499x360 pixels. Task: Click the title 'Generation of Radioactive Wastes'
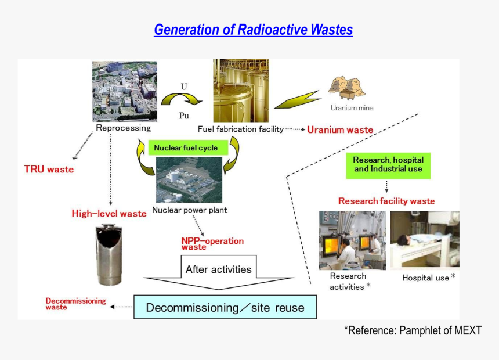[x=253, y=30]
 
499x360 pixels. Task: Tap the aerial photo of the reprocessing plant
[x=124, y=91]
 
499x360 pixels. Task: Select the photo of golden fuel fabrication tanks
[x=241, y=90]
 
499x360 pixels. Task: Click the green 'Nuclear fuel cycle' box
[x=186, y=148]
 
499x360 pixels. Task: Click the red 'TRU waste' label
[x=49, y=170]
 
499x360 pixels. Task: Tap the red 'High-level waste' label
[x=109, y=214]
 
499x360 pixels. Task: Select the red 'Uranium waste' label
[x=340, y=129]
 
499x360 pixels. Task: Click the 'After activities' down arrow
[x=218, y=273]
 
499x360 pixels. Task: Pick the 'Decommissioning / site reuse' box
[x=225, y=307]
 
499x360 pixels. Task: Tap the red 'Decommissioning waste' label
[x=76, y=304]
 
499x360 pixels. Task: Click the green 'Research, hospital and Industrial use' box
[x=388, y=164]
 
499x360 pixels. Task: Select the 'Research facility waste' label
[x=386, y=201]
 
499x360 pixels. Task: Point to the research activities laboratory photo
[x=352, y=240]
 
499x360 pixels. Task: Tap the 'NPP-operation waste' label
[x=212, y=244]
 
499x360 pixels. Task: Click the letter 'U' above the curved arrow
[x=184, y=87]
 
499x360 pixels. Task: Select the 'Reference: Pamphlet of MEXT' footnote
[x=413, y=330]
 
